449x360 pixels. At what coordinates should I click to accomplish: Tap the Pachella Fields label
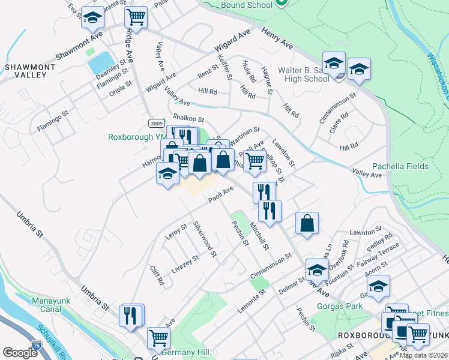(x=400, y=166)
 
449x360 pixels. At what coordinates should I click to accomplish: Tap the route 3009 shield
(x=156, y=123)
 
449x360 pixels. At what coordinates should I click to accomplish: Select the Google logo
(x=20, y=353)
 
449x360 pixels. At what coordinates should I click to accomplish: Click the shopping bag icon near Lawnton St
(x=307, y=224)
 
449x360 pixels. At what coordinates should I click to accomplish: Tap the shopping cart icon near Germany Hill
(x=159, y=337)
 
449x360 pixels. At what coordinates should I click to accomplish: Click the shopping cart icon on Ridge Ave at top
(x=137, y=17)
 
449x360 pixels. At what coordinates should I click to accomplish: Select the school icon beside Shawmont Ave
(x=92, y=19)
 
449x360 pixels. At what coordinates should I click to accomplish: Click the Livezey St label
(x=185, y=264)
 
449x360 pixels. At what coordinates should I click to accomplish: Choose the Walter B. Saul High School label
(x=303, y=74)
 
